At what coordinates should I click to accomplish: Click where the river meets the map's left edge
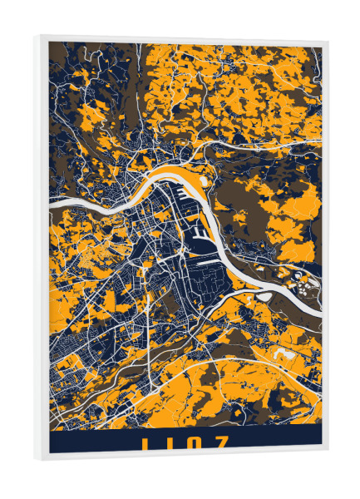[x=52, y=202]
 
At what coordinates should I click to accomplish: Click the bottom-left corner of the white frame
[x=37, y=458]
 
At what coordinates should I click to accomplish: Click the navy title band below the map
[x=91, y=440]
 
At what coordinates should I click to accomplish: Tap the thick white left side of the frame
[x=42, y=249]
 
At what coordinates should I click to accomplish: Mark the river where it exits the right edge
[x=318, y=291]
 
